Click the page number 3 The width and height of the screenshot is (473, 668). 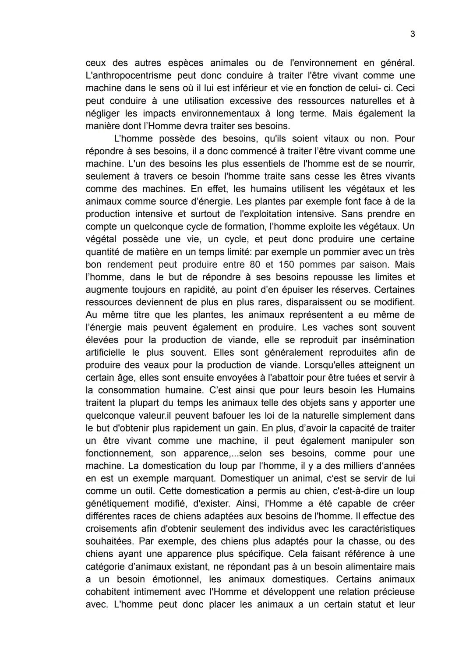(413, 34)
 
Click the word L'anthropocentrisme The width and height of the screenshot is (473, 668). (126, 76)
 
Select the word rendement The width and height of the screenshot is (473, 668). (130, 265)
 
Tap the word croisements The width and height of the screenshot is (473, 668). (113, 529)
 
